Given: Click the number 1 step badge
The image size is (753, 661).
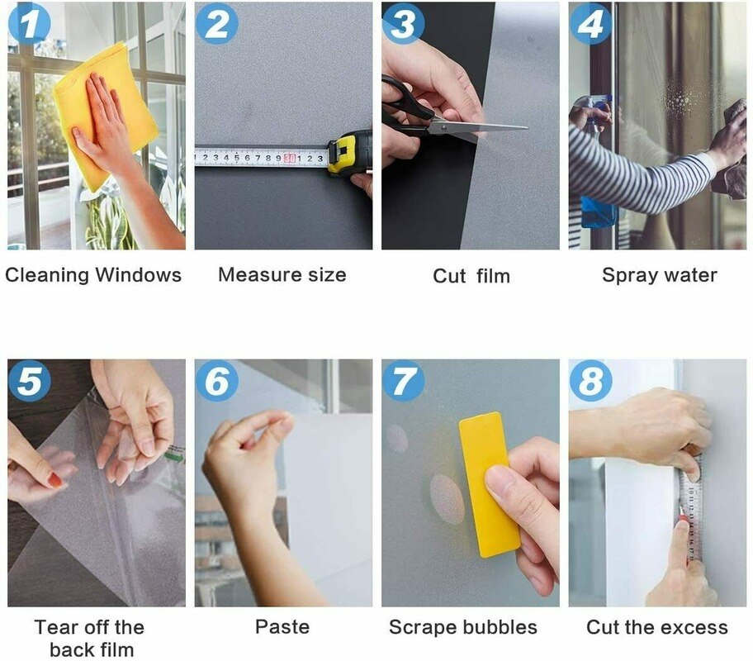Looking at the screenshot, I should point(29,24).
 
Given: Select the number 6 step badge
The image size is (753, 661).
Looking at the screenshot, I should point(216,381).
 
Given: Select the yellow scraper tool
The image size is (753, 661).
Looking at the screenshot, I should point(489,483).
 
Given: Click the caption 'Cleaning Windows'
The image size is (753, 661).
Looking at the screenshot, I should point(93,275).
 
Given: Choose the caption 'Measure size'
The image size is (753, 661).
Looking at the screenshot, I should point(282,275).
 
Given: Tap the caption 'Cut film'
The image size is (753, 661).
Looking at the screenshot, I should point(471,276).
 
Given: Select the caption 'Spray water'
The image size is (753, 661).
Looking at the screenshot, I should point(659,275).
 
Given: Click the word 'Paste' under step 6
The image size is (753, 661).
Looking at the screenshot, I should point(282,627).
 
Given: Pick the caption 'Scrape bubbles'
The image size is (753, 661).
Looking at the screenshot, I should point(462,627).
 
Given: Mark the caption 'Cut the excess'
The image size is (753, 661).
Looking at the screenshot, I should point(657,627).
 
